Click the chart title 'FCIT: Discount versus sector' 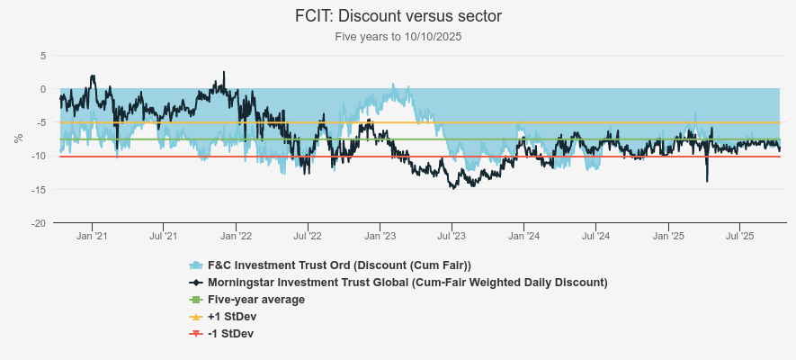[x=398, y=16]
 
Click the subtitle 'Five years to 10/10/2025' [x=398, y=37]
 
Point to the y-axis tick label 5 [x=42, y=56]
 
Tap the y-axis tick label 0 [x=42, y=89]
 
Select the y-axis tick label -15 [x=40, y=189]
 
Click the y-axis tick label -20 [x=40, y=222]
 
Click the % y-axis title [x=18, y=139]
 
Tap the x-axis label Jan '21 [x=92, y=237]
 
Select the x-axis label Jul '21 [x=163, y=237]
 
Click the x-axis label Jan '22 [x=236, y=237]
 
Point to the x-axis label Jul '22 [x=307, y=237]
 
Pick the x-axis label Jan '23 [x=380, y=237]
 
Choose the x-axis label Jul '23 [x=451, y=237]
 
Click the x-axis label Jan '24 [x=523, y=237]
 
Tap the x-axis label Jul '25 [x=738, y=237]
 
